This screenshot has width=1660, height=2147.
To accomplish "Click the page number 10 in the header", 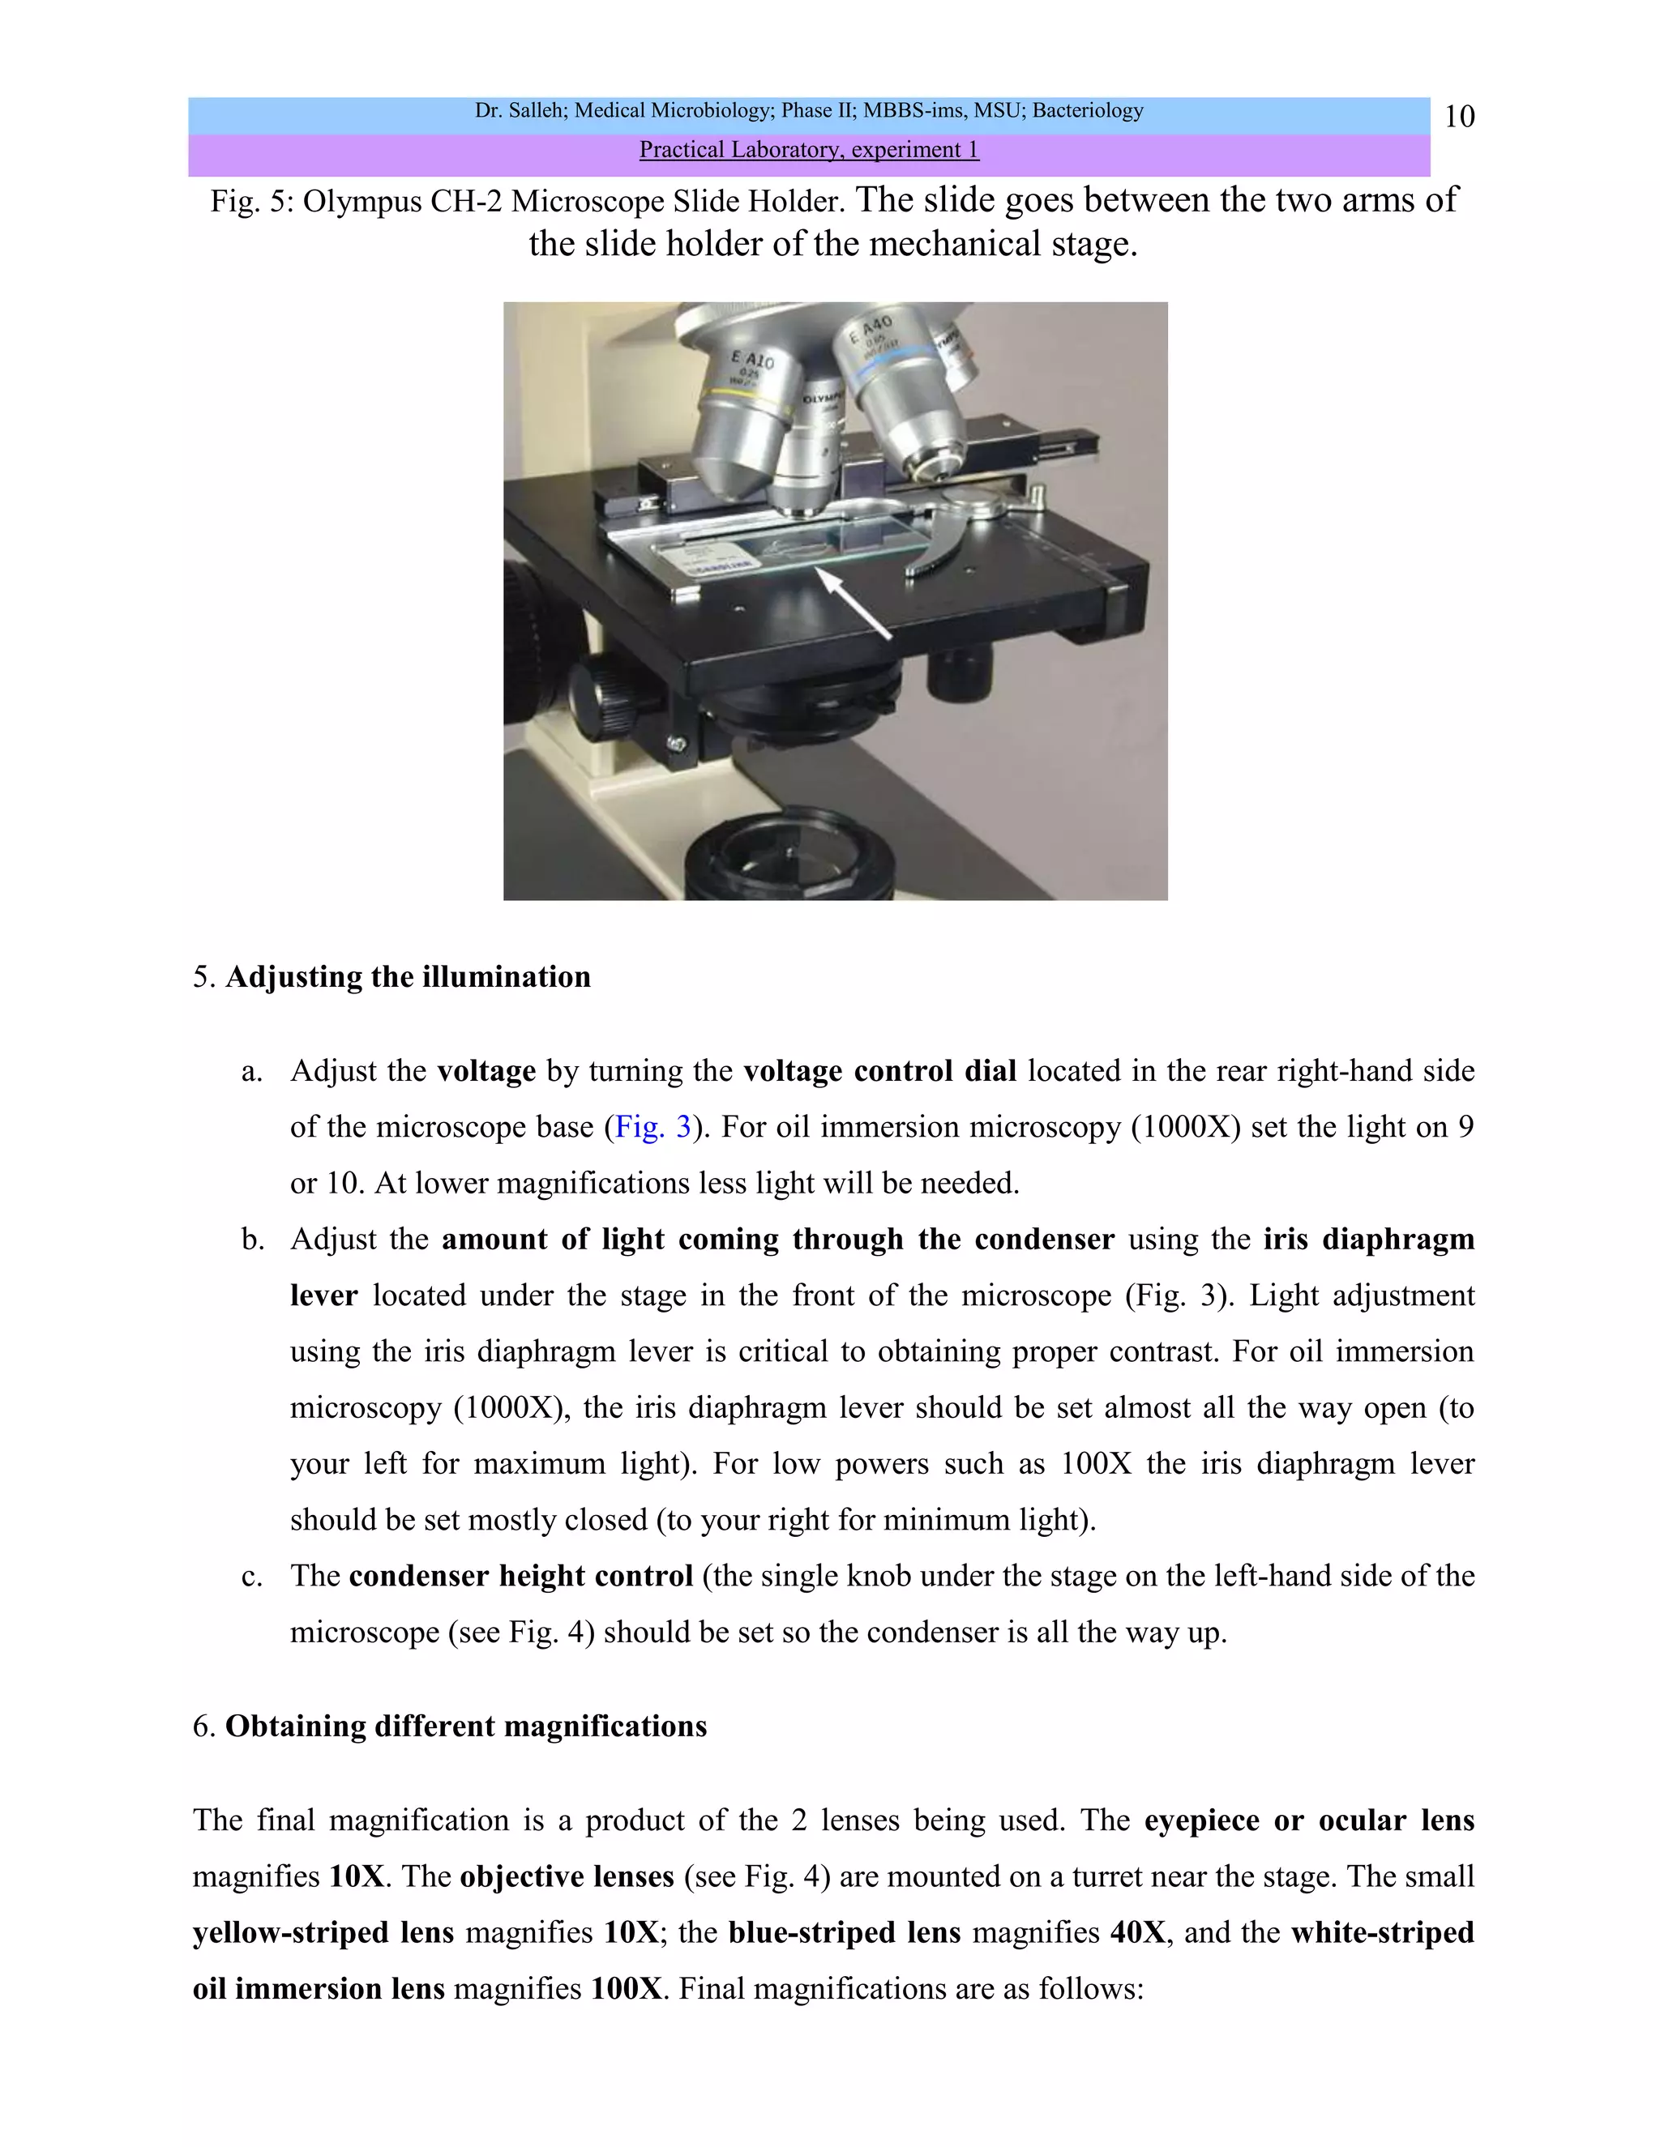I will pos(1458,117).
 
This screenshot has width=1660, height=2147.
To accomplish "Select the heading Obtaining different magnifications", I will pos(465,1727).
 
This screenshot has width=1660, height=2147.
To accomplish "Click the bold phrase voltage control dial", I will pos(879,1070).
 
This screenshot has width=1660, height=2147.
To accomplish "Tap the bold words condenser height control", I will pos(521,1576).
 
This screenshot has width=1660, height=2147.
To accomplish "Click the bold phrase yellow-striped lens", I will pos(323,1932).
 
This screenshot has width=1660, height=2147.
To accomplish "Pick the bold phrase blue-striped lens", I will pos(844,1932).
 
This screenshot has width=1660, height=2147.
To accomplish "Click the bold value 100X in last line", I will pos(626,1989).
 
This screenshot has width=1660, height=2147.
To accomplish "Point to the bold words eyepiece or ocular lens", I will pos(1308,1820).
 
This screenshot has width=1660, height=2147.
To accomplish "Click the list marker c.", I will pos(252,1577).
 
